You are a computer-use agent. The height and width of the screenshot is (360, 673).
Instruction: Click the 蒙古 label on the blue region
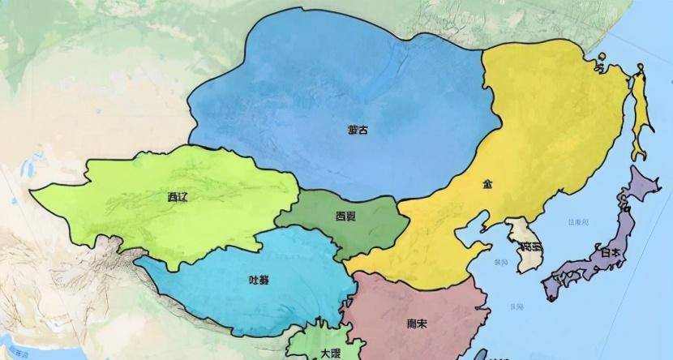(x=357, y=130)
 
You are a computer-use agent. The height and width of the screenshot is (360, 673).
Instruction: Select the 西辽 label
(x=177, y=196)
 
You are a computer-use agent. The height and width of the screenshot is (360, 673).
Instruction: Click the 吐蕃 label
(x=259, y=281)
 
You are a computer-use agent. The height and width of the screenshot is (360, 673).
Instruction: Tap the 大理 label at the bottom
(x=330, y=354)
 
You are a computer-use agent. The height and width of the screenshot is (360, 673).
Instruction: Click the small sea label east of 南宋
(x=516, y=306)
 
